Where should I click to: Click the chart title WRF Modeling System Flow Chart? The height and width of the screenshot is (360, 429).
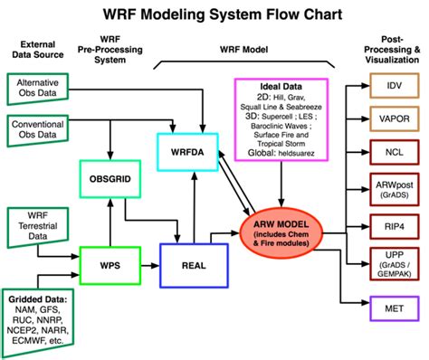coord(214,16)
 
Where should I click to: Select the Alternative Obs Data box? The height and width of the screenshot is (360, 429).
coord(43,89)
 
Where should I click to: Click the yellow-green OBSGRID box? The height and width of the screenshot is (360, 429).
coord(111,177)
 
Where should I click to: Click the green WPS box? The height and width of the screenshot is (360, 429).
coord(110,268)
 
